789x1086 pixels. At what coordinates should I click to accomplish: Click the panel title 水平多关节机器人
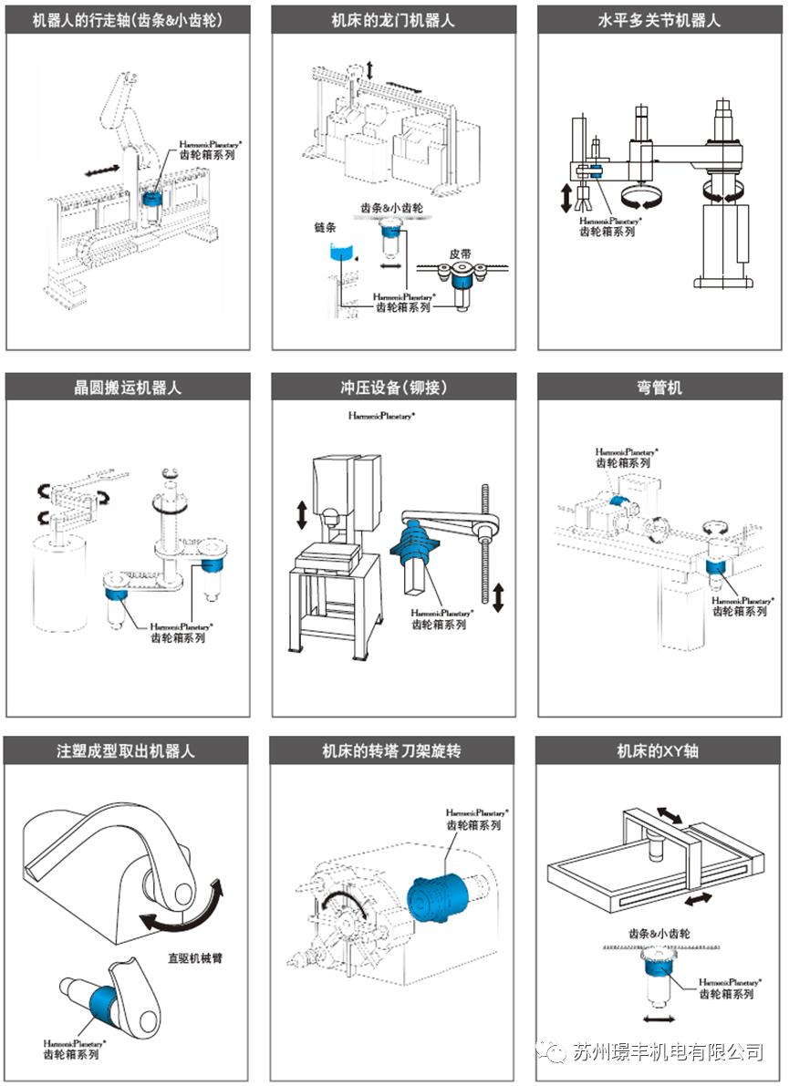[x=660, y=19]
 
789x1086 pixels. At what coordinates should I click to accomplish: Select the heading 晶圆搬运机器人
[x=128, y=387]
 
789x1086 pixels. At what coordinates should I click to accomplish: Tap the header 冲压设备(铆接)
[x=394, y=387]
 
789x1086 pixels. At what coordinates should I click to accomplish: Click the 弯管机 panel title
[x=660, y=387]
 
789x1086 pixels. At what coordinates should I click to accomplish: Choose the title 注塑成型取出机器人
[x=128, y=751]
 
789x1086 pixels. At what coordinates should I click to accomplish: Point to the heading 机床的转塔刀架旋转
[x=394, y=751]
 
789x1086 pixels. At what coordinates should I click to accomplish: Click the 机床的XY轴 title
[x=660, y=751]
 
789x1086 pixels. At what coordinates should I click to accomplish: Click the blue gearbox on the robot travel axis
[x=152, y=197]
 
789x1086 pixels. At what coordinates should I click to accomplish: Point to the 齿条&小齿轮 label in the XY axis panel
[x=659, y=934]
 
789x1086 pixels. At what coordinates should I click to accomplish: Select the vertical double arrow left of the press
[x=302, y=512]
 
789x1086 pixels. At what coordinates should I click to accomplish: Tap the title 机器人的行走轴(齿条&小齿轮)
[x=128, y=19]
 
